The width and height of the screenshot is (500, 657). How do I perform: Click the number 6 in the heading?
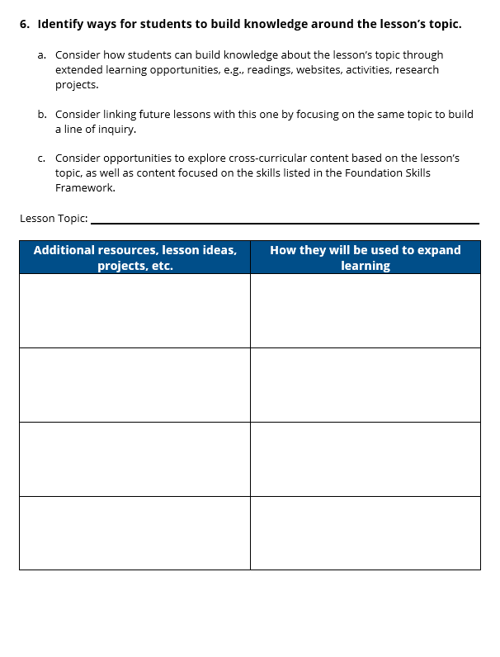point(23,24)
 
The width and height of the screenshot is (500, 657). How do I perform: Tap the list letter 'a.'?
point(42,55)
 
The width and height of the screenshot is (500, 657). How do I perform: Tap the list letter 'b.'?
point(42,115)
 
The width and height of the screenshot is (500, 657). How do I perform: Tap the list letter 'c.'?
point(42,158)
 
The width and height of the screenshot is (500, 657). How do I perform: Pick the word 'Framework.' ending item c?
point(85,187)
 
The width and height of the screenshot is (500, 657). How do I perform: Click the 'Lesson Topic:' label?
point(54,219)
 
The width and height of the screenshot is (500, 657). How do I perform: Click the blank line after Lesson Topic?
point(285,221)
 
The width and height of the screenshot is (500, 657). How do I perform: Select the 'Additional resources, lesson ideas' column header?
point(134,250)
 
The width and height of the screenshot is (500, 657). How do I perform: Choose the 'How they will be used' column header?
point(365,250)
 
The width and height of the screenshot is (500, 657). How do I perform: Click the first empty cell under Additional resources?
point(134,310)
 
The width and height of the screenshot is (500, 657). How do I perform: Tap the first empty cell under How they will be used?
point(365,310)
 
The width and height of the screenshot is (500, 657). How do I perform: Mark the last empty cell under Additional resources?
point(134,532)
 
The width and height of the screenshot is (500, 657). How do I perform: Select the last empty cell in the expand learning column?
point(365,532)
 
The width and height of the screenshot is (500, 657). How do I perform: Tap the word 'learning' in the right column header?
point(365,266)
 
